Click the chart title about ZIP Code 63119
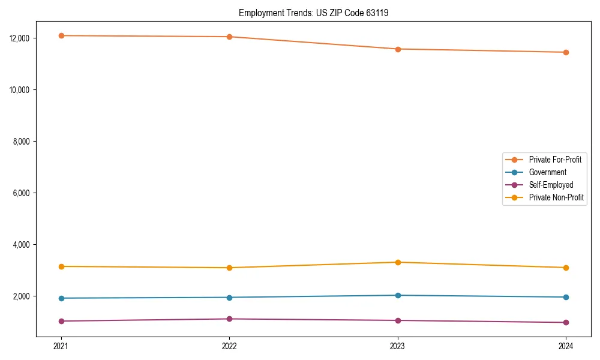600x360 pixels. (x=313, y=13)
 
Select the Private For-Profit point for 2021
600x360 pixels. (x=61, y=36)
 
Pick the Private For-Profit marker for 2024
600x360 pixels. (x=566, y=52)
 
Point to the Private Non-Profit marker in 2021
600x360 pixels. (x=61, y=266)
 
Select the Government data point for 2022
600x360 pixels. (x=229, y=298)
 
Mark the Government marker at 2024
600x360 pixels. (x=566, y=297)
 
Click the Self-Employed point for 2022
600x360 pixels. (x=229, y=319)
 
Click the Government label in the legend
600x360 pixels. (x=547, y=172)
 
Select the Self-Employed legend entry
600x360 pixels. (x=551, y=185)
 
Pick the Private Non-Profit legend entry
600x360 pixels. (x=556, y=197)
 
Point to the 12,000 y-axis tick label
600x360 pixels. (x=20, y=38)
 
